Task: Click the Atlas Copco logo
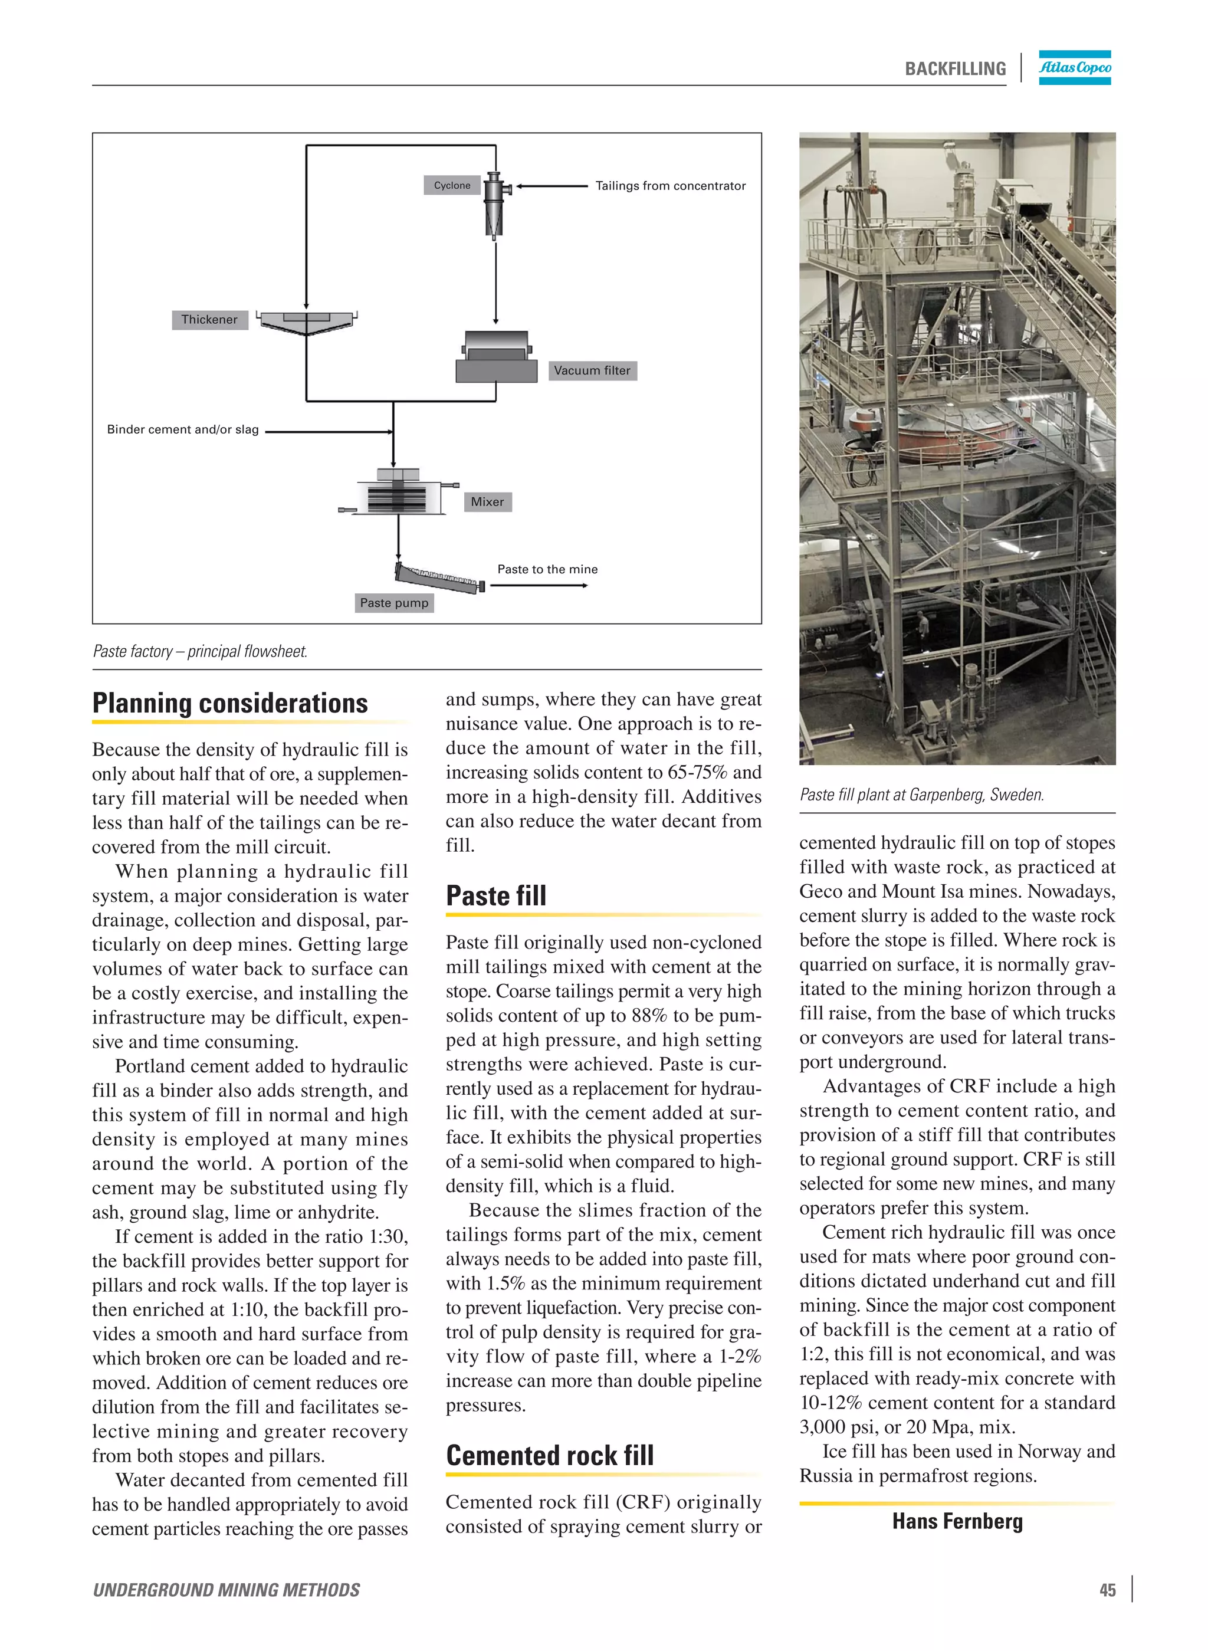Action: click(1074, 67)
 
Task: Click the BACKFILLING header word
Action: click(955, 69)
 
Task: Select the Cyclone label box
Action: click(452, 186)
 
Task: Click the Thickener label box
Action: click(209, 320)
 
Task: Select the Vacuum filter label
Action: click(592, 370)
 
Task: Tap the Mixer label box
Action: click(487, 501)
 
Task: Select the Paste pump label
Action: click(393, 602)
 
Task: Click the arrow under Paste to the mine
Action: click(539, 586)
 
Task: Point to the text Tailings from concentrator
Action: click(670, 186)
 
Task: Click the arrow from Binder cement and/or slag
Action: click(329, 431)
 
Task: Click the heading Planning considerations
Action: click(229, 703)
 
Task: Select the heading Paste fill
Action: click(496, 896)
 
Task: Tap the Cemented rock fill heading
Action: click(550, 1455)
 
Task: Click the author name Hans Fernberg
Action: click(957, 1521)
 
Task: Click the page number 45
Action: click(1107, 1590)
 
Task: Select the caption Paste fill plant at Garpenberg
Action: click(921, 794)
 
